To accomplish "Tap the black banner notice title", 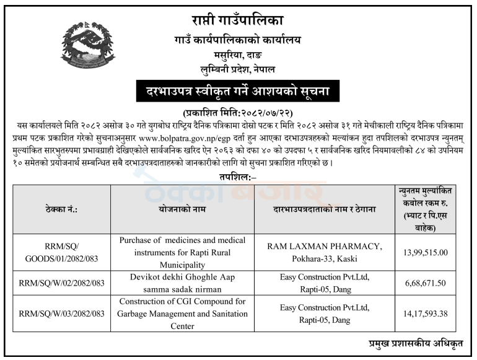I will pyautogui.click(x=238, y=93).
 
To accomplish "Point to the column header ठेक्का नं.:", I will pyautogui.click(x=61, y=210).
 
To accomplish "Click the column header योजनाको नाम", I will pyautogui.click(x=182, y=210).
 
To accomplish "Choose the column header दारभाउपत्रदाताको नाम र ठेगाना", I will pyautogui.click(x=324, y=210).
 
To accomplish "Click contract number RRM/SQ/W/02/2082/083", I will pyautogui.click(x=61, y=283).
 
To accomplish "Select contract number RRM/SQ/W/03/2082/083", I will pyautogui.click(x=61, y=313).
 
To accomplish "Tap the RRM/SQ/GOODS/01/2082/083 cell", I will pyautogui.click(x=61, y=252).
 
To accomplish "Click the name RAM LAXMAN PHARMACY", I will pyautogui.click(x=324, y=246).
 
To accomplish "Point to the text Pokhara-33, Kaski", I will pyautogui.click(x=324, y=258).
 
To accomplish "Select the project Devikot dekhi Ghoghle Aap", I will pyautogui.click(x=182, y=277).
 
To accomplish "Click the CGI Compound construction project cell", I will pyautogui.click(x=182, y=314).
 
